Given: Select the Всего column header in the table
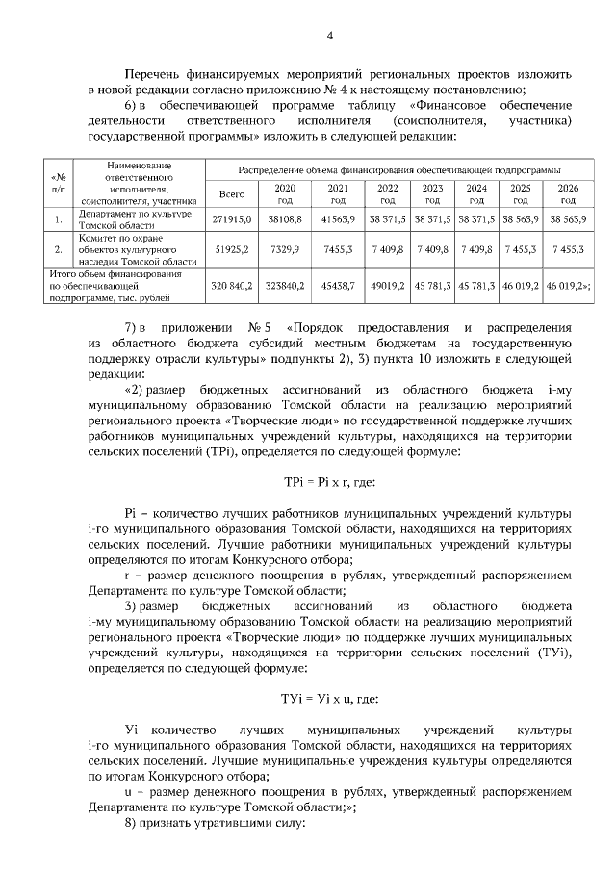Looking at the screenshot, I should click(x=232, y=193).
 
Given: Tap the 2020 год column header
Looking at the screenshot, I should click(x=285, y=193).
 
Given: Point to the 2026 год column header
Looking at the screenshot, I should click(x=568, y=193).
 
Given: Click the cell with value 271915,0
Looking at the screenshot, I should click(x=232, y=219).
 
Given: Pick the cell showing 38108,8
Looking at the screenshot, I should click(x=285, y=219).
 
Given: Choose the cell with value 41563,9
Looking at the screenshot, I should click(x=338, y=219).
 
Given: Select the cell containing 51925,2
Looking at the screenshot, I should click(x=232, y=248).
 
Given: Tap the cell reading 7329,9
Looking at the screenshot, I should click(x=285, y=248).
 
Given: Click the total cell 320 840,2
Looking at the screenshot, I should click(x=232, y=286).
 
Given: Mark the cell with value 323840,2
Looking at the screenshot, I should click(x=285, y=286).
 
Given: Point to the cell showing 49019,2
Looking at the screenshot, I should click(x=388, y=286).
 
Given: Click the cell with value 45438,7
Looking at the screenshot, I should click(x=338, y=286).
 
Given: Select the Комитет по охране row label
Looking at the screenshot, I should click(x=139, y=248).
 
